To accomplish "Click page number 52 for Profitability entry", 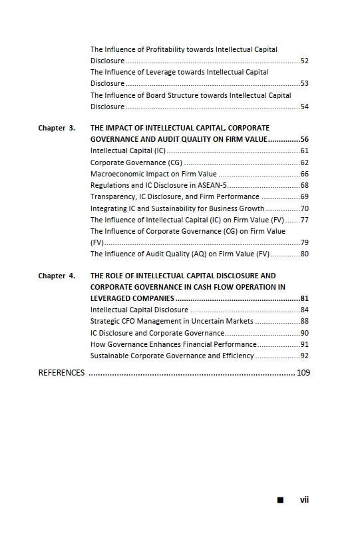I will tap(304, 61).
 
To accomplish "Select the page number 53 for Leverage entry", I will tap(304, 84).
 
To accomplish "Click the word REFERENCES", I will tap(61, 373).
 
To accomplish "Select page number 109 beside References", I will tap(303, 373).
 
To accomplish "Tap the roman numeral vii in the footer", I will tap(304, 499).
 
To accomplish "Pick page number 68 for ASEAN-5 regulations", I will tap(304, 185).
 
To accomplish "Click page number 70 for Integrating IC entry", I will tap(304, 208).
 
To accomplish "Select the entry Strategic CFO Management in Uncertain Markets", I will tap(172, 321).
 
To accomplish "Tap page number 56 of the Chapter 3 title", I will tap(304, 140).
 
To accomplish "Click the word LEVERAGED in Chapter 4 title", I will tap(112, 298).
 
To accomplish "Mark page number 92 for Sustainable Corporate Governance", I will tap(304, 356).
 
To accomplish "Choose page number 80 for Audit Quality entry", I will tap(304, 254).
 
